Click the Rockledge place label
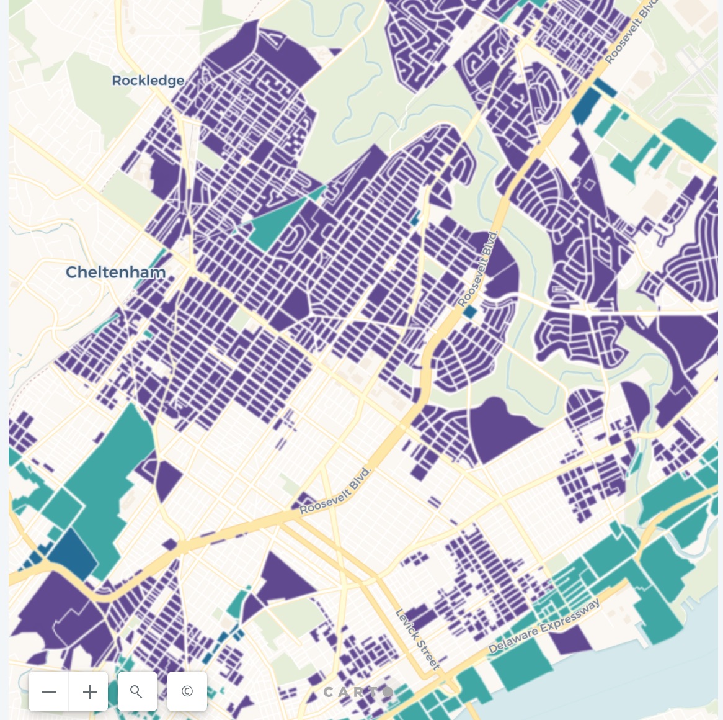tap(148, 81)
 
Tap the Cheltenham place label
tap(116, 272)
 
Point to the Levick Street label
tap(417, 639)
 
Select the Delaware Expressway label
tap(544, 626)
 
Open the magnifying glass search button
tap(137, 691)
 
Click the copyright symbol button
tap(187, 691)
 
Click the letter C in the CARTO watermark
tap(329, 692)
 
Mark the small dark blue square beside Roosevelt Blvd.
tap(470, 312)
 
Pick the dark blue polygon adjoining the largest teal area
tap(71, 554)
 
